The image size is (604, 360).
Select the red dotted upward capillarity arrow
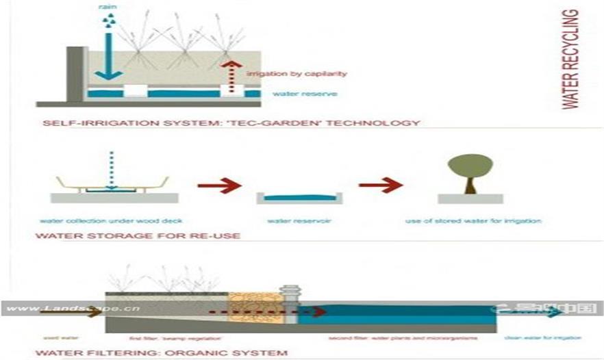tap(230, 75)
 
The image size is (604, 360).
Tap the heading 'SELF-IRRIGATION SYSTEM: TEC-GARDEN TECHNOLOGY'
tap(231, 123)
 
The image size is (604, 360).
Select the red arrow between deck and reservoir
tap(219, 185)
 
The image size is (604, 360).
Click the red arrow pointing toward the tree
tap(380, 185)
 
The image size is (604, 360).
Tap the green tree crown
tap(469, 165)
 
